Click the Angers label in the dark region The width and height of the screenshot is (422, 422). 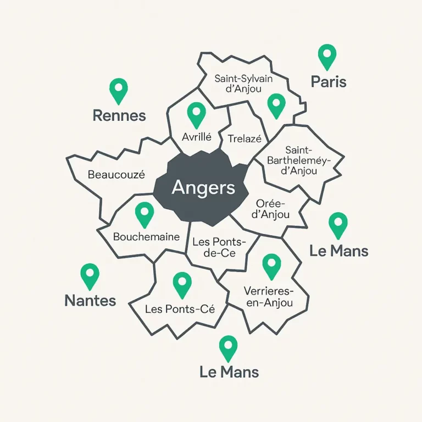tap(203, 188)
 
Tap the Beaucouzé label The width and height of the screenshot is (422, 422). tap(116, 175)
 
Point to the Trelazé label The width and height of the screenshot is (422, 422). tap(245, 139)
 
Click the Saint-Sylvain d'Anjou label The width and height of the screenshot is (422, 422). tap(243, 84)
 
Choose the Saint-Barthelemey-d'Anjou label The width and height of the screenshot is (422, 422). tap(299, 160)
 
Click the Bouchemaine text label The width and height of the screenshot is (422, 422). tap(146, 237)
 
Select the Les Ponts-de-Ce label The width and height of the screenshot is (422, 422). tap(218, 247)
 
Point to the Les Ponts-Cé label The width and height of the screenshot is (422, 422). tap(180, 309)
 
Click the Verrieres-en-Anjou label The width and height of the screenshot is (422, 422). tap(268, 296)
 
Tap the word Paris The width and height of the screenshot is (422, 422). tap(329, 82)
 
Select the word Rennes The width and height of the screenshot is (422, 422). tap(119, 115)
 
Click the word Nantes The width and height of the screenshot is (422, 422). tap(90, 301)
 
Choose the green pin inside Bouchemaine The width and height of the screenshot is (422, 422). tap(145, 213)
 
